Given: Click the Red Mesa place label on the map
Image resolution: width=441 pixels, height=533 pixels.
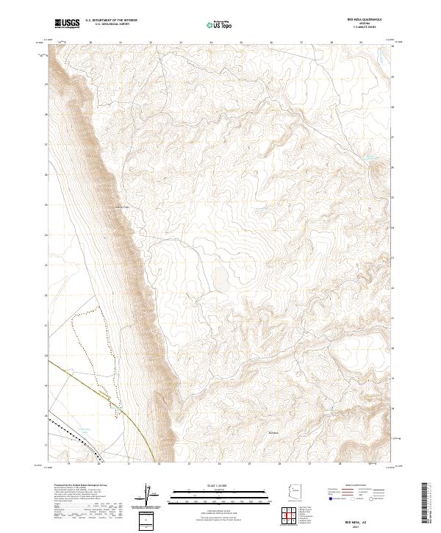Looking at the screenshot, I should [x=275, y=432].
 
